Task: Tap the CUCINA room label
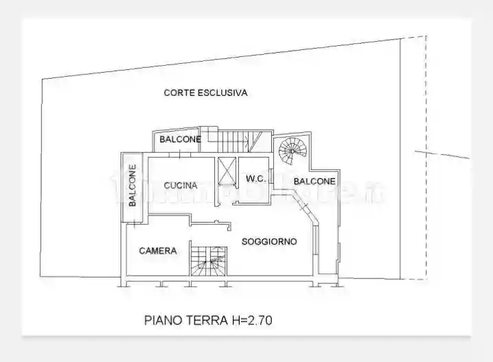tap(181, 185)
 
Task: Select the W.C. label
tap(255, 180)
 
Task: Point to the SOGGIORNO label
tap(268, 241)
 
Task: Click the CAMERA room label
tap(158, 251)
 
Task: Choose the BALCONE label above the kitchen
tap(180, 140)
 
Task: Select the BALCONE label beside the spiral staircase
tap(314, 181)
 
